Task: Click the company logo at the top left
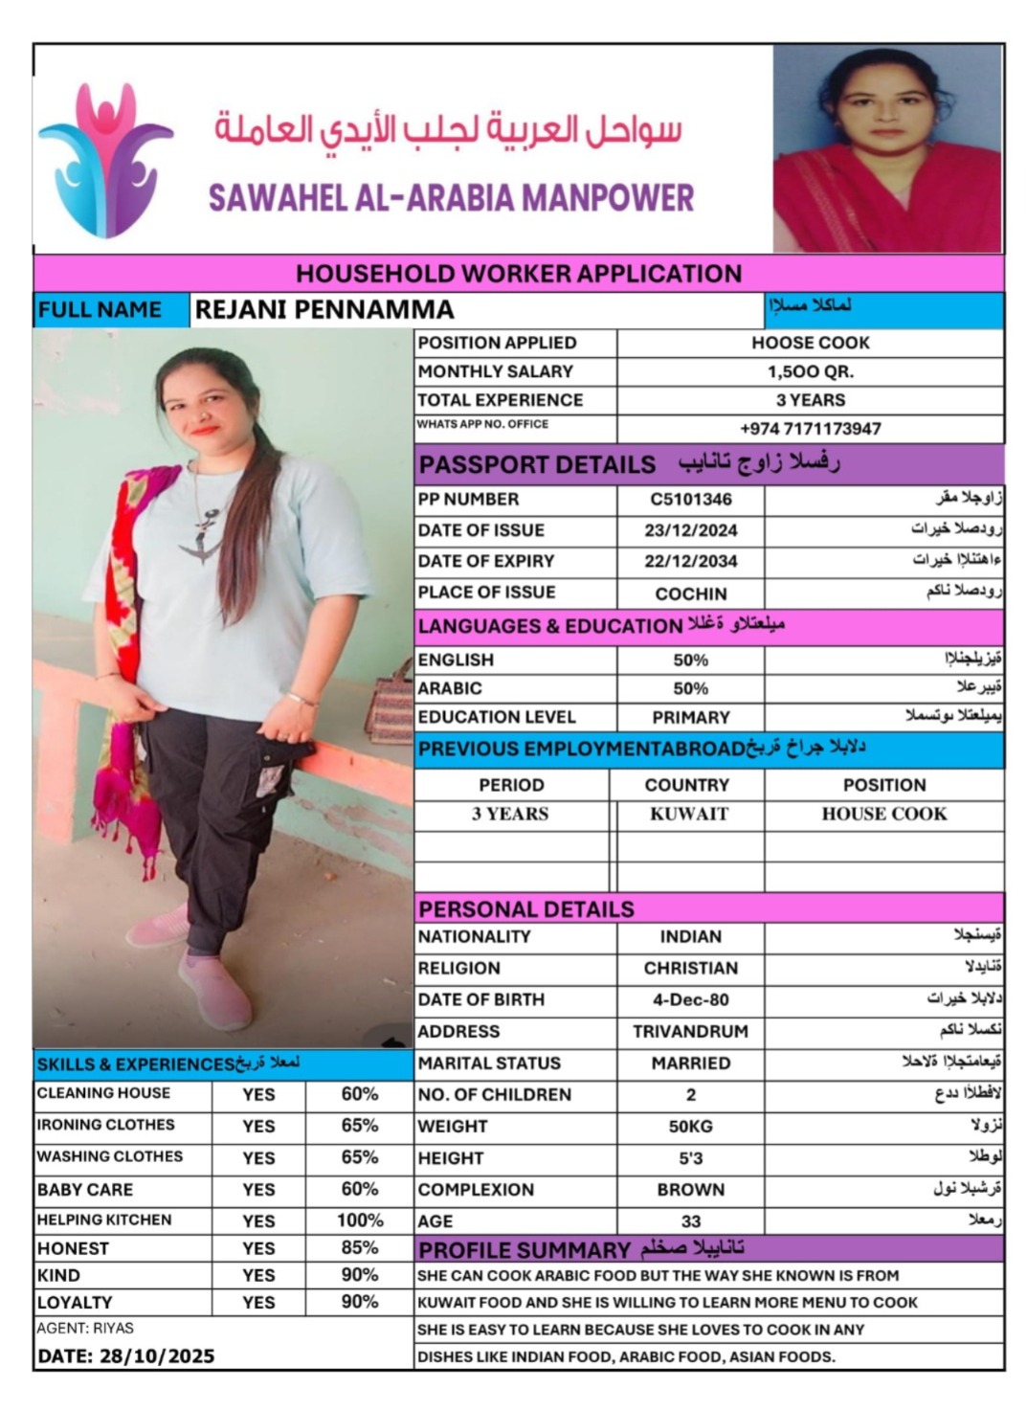[105, 159]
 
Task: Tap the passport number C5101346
[690, 499]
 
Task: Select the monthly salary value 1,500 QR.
[810, 371]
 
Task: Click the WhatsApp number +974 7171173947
[810, 429]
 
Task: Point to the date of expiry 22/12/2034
[690, 561]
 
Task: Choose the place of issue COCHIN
[690, 593]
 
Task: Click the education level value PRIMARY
[690, 717]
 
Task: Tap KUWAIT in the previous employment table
[688, 814]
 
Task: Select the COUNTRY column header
[686, 785]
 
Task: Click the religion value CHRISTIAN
[690, 968]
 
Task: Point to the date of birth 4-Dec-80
[690, 999]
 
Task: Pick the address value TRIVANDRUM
[690, 1032]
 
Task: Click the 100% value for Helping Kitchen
[360, 1220]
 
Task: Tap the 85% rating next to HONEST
[360, 1248]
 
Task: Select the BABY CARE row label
[85, 1190]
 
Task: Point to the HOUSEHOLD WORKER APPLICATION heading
[518, 274]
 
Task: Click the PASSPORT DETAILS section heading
[537, 464]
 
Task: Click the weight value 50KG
[690, 1127]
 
